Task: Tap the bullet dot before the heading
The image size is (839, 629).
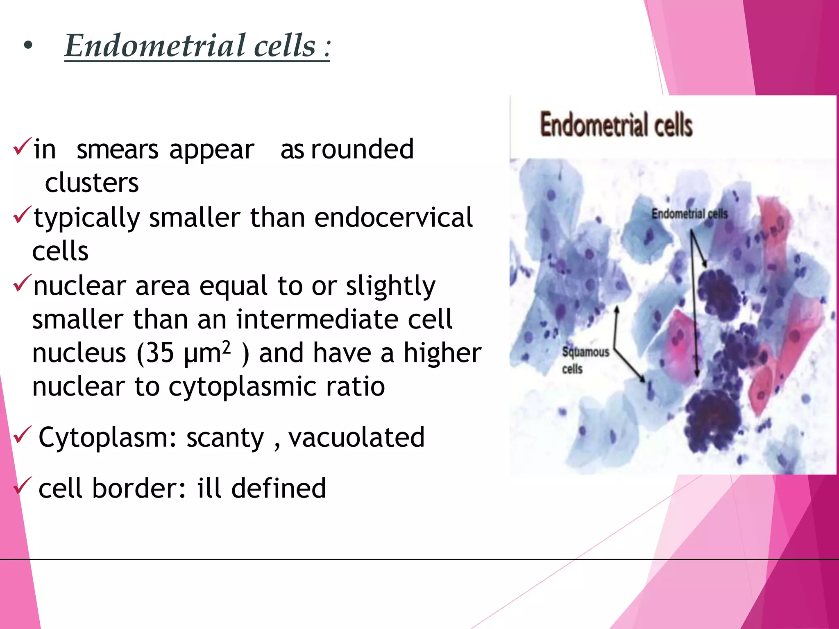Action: (27, 46)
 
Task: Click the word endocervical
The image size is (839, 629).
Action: (393, 217)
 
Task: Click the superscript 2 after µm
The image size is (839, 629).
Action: (227, 347)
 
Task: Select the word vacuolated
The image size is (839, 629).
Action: (356, 437)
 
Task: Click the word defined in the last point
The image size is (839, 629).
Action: (279, 488)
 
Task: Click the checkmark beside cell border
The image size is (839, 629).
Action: (21, 486)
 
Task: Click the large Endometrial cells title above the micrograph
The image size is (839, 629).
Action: (616, 125)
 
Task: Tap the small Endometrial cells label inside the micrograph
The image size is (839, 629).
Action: (689, 214)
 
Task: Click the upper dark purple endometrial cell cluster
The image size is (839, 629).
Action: (719, 296)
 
